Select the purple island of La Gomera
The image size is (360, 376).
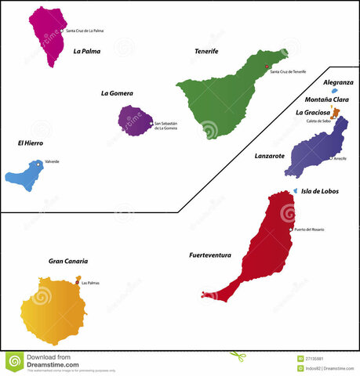[134, 121]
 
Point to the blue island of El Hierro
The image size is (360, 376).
[24, 175]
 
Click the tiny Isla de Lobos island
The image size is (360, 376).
[296, 190]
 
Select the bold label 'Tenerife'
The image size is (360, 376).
[206, 51]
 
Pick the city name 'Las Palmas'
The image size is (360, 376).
[90, 283]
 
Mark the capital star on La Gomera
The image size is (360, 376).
[150, 122]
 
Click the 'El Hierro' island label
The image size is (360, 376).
[30, 143]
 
